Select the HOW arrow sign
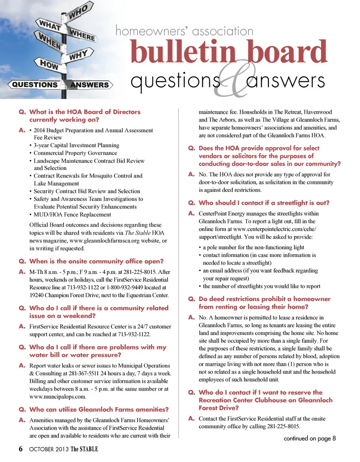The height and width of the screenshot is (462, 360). click(x=49, y=64)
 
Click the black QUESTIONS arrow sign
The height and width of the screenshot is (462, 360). click(x=34, y=85)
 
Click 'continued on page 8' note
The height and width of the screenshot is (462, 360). click(x=310, y=438)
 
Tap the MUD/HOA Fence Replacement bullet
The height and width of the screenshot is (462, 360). click(x=72, y=215)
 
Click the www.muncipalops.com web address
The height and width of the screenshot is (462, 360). click(x=58, y=396)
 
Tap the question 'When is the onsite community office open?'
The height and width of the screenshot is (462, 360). click(x=96, y=261)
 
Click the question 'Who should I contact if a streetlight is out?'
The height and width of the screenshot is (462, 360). click(x=264, y=203)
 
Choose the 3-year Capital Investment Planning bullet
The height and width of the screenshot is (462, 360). click(x=76, y=145)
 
